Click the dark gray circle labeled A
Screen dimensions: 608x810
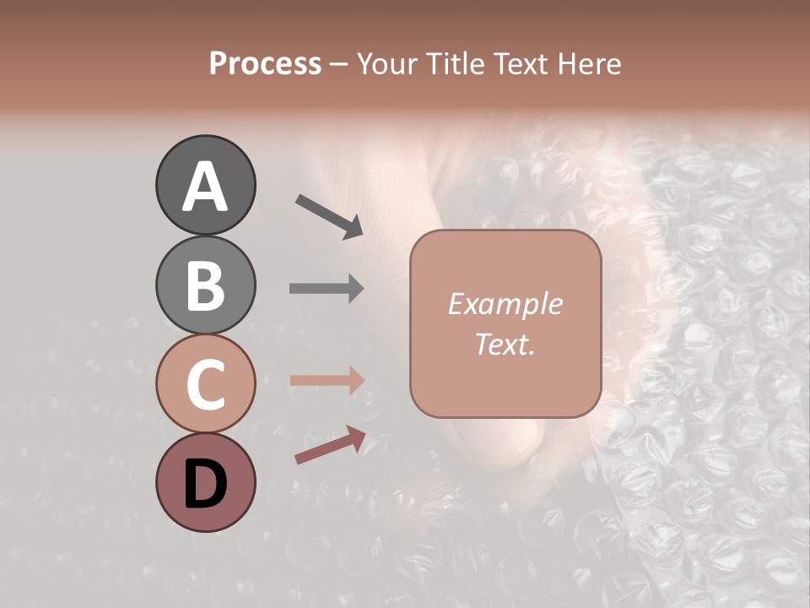pyautogui.click(x=205, y=186)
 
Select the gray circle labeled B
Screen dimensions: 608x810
pyautogui.click(x=205, y=285)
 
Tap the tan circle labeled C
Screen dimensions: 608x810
pyautogui.click(x=205, y=384)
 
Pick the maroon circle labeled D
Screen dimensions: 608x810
pyautogui.click(x=205, y=482)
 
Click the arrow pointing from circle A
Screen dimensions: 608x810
pyautogui.click(x=329, y=214)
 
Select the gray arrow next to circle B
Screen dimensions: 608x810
pyautogui.click(x=327, y=289)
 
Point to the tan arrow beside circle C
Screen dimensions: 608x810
pyautogui.click(x=327, y=381)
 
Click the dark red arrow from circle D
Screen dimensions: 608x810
pyautogui.click(x=330, y=446)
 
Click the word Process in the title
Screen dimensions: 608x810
pyautogui.click(x=265, y=64)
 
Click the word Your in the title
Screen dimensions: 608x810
pyautogui.click(x=385, y=64)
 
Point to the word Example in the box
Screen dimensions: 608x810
pyautogui.click(x=505, y=304)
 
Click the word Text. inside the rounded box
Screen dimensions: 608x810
pyautogui.click(x=505, y=344)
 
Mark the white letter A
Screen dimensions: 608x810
pyautogui.click(x=205, y=187)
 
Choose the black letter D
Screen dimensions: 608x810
pyautogui.click(x=205, y=483)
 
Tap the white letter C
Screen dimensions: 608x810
pyautogui.click(x=205, y=385)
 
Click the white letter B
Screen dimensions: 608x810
pyautogui.click(x=205, y=286)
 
